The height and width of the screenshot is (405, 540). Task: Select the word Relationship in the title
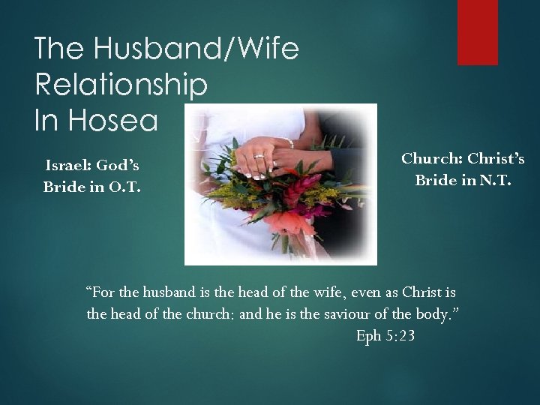click(x=121, y=85)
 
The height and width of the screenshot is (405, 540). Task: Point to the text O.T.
click(x=122, y=187)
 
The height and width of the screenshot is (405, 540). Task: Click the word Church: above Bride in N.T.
click(x=431, y=159)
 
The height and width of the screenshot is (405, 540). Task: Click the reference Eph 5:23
click(x=385, y=337)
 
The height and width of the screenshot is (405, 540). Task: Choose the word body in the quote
click(x=434, y=314)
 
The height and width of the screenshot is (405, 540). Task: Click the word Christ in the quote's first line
click(x=424, y=291)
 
